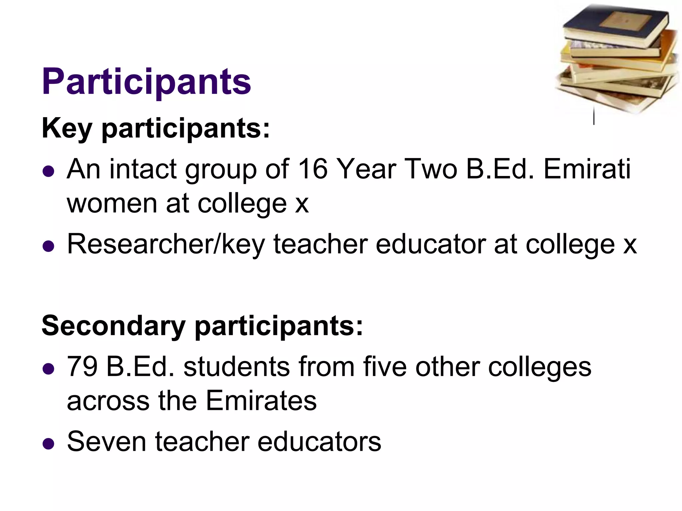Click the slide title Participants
pyautogui.click(x=147, y=82)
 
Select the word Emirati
pyautogui.click(x=587, y=169)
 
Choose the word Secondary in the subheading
pyautogui.click(x=113, y=326)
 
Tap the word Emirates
pyautogui.click(x=261, y=401)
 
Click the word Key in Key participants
pyautogui.click(x=67, y=128)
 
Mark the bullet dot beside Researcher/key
pyautogui.click(x=49, y=246)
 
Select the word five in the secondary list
pyautogui.click(x=385, y=367)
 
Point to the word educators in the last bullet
pyautogui.click(x=319, y=441)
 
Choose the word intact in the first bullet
pyautogui.click(x=143, y=169)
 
